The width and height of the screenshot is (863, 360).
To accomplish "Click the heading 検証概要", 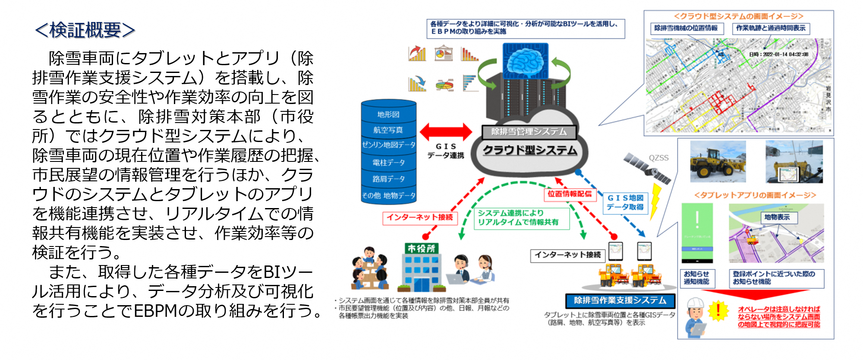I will [85, 30].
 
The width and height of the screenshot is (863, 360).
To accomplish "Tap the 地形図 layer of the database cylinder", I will [388, 114].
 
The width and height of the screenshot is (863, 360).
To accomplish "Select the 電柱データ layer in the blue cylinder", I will [388, 162].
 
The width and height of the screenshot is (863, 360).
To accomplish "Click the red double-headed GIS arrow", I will [446, 132].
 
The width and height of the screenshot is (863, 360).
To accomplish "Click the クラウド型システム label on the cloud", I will [529, 150].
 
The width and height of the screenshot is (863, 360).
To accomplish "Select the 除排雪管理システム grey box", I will [529, 132].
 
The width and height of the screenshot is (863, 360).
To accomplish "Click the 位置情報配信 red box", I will [570, 194].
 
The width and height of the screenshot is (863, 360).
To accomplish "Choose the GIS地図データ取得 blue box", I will [625, 202].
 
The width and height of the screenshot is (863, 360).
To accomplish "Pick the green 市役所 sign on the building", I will [421, 248].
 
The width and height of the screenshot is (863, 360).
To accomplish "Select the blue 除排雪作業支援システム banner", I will [620, 300].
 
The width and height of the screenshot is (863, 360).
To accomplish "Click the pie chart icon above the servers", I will [443, 54].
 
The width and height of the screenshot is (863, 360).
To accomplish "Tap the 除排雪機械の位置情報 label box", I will [686, 28].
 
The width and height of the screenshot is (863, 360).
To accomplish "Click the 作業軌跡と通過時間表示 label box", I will [771, 28].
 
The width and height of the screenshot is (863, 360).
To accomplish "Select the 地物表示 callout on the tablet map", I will [777, 217].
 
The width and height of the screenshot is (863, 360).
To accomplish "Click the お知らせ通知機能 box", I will [696, 278].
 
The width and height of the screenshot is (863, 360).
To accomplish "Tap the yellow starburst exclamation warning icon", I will [718, 310].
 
